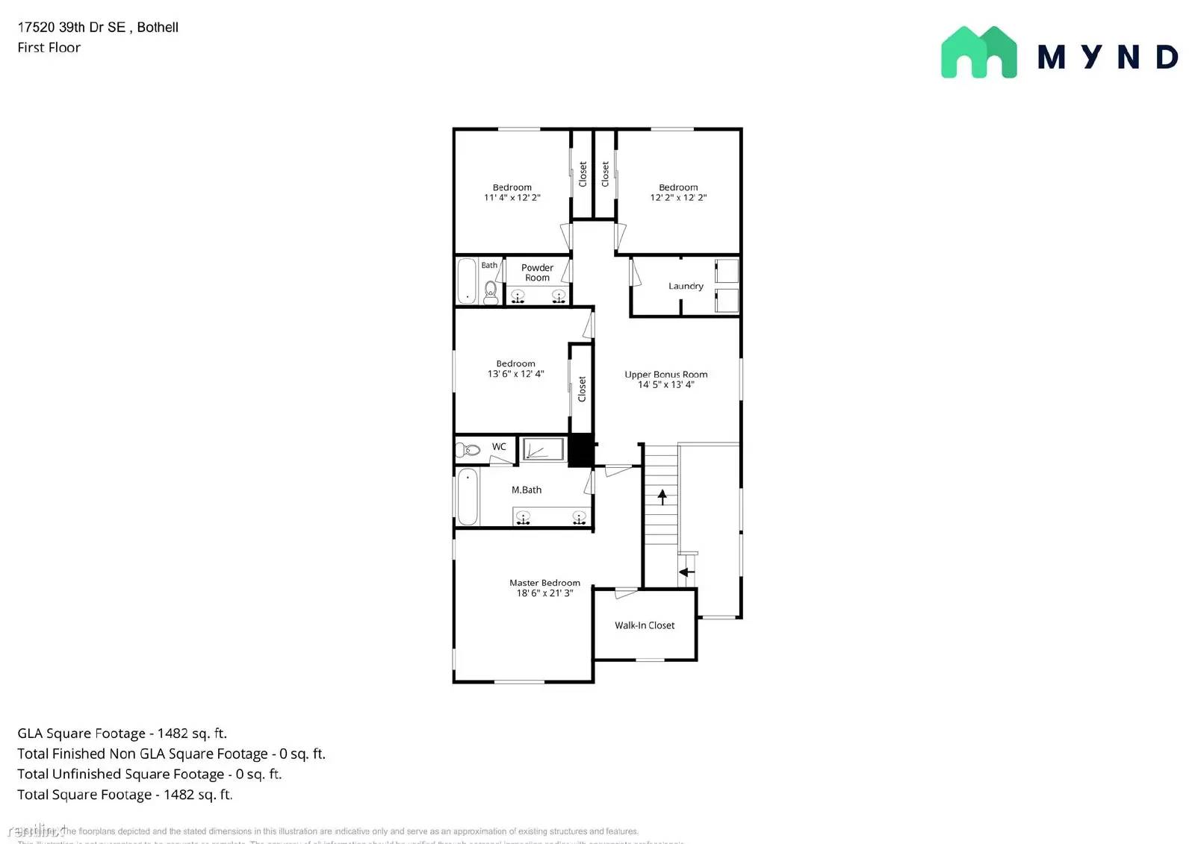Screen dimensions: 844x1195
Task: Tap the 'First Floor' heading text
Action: [49, 48]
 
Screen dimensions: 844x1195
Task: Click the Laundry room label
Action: [686, 286]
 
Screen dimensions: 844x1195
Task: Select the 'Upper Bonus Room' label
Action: [666, 375]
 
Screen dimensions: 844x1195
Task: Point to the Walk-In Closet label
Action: [645, 625]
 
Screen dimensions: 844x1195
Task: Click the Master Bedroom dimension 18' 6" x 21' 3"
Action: [545, 593]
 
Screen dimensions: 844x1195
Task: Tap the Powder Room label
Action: [537, 272]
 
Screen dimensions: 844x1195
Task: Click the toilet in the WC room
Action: [468, 449]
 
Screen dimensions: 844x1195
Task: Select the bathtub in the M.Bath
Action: [468, 497]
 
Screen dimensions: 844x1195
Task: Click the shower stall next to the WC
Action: [543, 449]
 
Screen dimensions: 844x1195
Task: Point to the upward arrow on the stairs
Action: [662, 496]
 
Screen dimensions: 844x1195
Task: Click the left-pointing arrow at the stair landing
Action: [686, 572]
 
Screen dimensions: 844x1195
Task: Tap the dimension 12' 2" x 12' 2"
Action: [678, 198]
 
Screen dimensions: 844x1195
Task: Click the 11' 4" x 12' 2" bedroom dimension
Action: [512, 198]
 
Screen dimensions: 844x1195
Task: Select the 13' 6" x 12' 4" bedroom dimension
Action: [516, 374]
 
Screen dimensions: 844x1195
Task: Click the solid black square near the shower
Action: [580, 450]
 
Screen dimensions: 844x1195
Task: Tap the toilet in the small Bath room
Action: [491, 292]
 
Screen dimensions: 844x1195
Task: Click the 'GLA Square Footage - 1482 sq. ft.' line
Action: [122, 734]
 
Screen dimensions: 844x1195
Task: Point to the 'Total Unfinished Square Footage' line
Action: [149, 775]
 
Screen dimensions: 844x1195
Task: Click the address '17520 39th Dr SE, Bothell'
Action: [98, 28]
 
